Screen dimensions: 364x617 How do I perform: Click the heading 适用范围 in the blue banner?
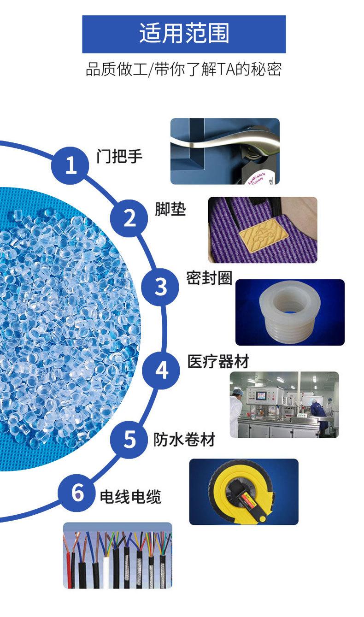[184, 33]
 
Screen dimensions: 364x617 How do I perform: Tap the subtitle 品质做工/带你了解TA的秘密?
[184, 69]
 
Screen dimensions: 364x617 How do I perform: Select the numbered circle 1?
[70, 165]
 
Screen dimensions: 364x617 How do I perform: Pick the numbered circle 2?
[129, 218]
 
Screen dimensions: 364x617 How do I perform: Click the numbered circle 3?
[160, 287]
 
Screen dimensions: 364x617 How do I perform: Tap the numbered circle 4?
[161, 370]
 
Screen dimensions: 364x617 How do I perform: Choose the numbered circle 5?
[129, 439]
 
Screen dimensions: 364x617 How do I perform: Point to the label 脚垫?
[170, 209]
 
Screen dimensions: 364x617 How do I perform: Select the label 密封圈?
[209, 278]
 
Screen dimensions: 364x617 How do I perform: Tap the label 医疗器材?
[218, 361]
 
